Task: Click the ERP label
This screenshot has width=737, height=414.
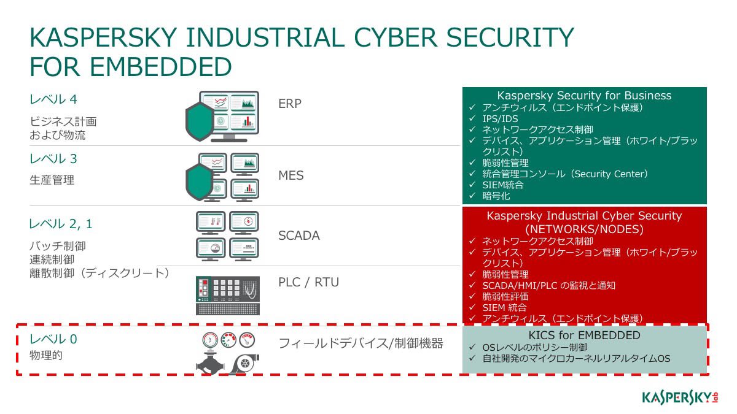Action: (x=289, y=104)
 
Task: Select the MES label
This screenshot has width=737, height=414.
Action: (x=291, y=175)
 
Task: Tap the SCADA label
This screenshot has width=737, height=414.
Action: (x=298, y=236)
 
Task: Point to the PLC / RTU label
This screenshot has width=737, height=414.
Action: (x=308, y=282)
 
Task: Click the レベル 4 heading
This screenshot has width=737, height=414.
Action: (x=53, y=99)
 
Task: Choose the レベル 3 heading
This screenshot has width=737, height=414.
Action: (x=53, y=159)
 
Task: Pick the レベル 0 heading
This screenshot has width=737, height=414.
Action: (x=53, y=339)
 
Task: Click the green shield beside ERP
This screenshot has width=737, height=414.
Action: (x=200, y=121)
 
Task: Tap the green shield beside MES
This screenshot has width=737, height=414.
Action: (x=199, y=182)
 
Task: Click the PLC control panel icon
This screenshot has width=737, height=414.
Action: (x=228, y=296)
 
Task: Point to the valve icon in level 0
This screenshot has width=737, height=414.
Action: (x=210, y=363)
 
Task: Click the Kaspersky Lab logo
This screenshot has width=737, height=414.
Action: (x=680, y=398)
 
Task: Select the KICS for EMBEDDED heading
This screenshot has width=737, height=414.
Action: (x=584, y=335)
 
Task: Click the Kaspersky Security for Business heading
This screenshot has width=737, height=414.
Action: (x=584, y=96)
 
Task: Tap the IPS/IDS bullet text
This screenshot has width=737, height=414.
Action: (x=500, y=118)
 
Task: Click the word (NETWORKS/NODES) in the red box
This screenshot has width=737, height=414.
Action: (x=584, y=229)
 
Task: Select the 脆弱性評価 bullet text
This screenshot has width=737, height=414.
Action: (x=505, y=296)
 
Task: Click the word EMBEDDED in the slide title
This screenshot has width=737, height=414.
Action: (x=160, y=67)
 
